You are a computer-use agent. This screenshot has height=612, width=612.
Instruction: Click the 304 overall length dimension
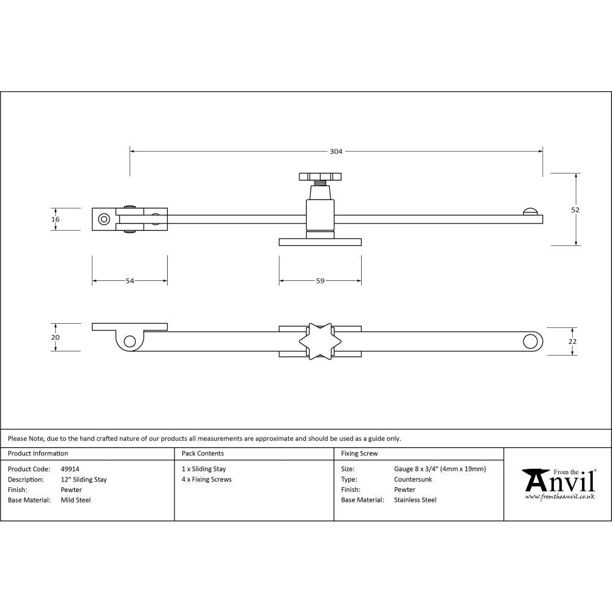pos(336,151)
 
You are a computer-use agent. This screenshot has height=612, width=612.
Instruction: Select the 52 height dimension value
pos(575,209)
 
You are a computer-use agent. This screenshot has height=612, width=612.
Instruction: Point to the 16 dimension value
pos(56,219)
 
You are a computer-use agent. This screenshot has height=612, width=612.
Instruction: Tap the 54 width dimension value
pos(130,281)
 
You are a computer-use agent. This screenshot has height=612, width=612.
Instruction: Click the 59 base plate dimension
pos(320,281)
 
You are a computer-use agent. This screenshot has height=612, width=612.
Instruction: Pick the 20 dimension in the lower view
pos(56,337)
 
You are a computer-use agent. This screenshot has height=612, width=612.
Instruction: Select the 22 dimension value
pos(572,341)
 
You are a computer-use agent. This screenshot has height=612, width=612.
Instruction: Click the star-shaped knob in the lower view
pos(319,341)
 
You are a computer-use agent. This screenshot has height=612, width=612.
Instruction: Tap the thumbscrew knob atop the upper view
pos(319,177)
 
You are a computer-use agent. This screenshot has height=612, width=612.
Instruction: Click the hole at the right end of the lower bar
pos(529,341)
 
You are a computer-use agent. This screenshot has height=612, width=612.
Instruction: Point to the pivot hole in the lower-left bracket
pos(129,341)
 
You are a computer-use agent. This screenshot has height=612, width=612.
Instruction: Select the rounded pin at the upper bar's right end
pos(531,211)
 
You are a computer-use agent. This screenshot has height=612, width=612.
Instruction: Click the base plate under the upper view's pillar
pos(319,242)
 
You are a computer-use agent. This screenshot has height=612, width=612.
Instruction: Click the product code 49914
pos(70,469)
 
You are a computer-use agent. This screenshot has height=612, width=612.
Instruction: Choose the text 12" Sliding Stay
pos(84,480)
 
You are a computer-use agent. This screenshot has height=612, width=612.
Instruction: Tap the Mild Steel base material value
pos(76,500)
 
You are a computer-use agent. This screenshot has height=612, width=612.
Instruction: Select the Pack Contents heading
pos(203,453)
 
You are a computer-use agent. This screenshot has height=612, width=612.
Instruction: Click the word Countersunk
pos(413,480)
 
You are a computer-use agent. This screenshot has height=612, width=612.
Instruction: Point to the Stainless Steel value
pos(416,500)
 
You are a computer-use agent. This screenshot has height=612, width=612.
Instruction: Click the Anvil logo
pos(559,483)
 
